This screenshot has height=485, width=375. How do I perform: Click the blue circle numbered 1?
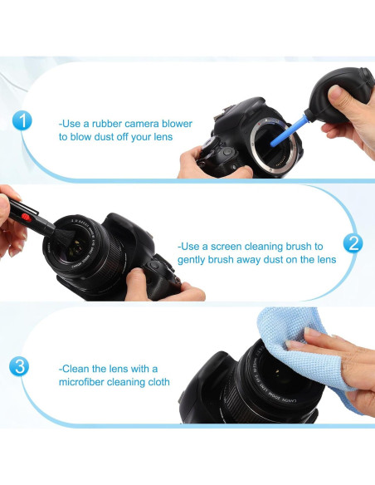click(x=22, y=120)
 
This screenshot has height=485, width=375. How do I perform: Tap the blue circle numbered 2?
click(x=353, y=242)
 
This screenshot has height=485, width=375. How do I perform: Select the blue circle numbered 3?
click(x=19, y=366)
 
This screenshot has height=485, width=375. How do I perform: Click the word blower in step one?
click(x=177, y=124)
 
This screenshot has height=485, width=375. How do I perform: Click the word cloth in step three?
click(x=159, y=382)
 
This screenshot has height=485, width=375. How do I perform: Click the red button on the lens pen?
click(x=27, y=218)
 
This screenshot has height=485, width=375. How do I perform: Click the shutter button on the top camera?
click(x=227, y=151)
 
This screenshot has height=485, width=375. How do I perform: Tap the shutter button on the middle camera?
click(x=153, y=265)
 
